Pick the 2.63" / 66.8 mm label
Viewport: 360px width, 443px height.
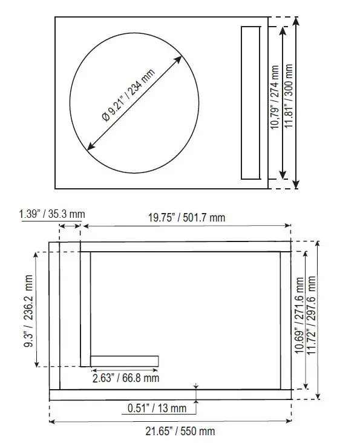coord(126,378)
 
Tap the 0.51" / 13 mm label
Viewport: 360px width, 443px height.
coord(157,408)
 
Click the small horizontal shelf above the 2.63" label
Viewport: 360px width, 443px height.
coord(125,361)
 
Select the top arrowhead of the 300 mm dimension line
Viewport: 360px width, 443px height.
coord(295,20)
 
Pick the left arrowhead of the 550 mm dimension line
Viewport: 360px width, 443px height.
coord(51,419)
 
